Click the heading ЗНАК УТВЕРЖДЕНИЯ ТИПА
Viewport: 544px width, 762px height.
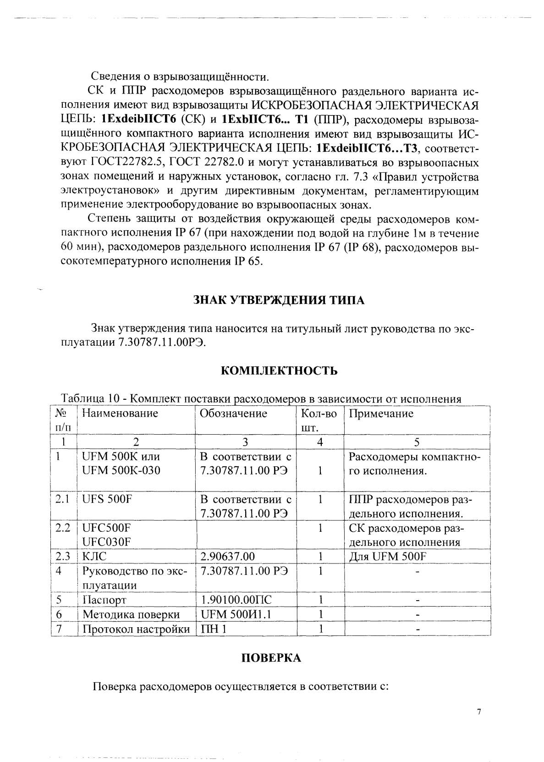278,300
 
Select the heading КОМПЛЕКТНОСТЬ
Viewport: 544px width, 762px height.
279,370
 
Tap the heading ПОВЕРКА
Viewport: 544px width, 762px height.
271,658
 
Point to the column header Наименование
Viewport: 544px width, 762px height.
120,414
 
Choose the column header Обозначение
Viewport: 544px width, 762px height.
233,414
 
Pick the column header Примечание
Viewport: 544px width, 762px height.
381,414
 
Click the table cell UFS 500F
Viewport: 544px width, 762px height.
107,499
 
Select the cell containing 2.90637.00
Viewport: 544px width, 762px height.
228,557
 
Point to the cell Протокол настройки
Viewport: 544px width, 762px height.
136,629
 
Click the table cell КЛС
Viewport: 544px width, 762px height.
94,557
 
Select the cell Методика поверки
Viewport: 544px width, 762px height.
131,614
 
